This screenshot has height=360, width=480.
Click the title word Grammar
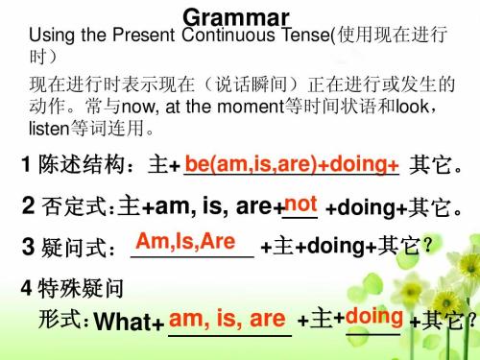pyautogui.click(x=235, y=16)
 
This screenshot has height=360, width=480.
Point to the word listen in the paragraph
pyautogui.click(x=47, y=125)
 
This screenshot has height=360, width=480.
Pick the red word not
pyautogui.click(x=300, y=204)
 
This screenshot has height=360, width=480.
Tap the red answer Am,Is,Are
pyautogui.click(x=187, y=240)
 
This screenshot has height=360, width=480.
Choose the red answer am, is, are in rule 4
pyautogui.click(x=227, y=318)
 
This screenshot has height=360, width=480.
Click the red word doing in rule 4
pyautogui.click(x=367, y=314)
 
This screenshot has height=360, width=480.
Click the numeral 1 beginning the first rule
pyautogui.click(x=25, y=167)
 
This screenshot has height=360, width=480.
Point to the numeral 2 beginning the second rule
pyautogui.click(x=28, y=207)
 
